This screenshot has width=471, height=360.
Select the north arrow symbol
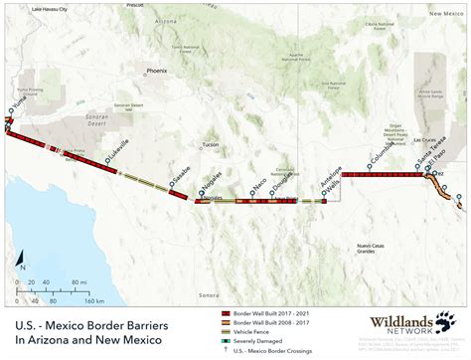click(x=21, y=262)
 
